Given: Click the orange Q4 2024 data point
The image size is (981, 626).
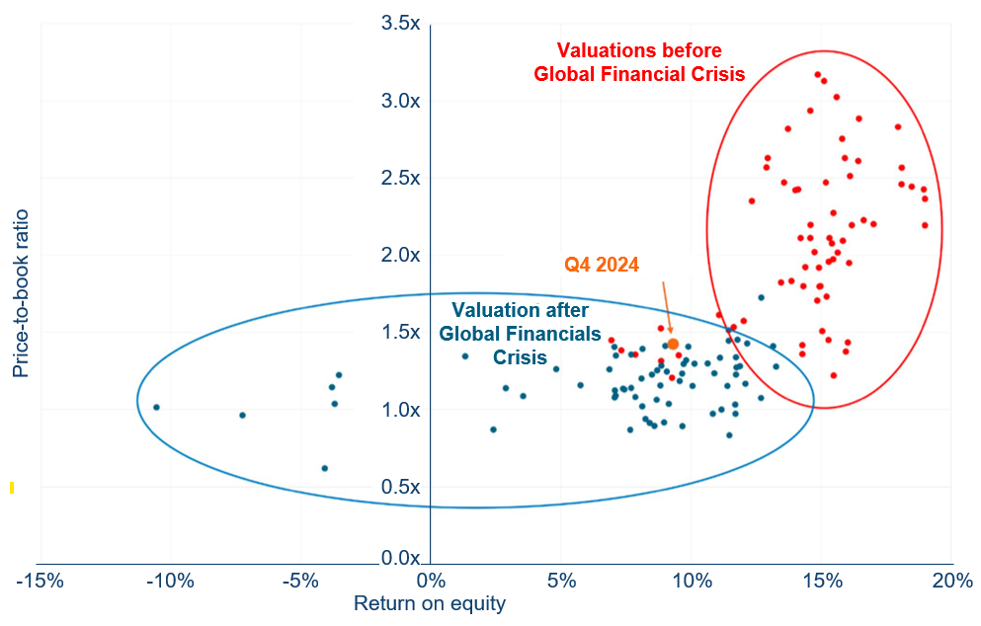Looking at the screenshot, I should (673, 344).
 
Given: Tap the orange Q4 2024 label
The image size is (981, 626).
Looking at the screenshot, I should (602, 265).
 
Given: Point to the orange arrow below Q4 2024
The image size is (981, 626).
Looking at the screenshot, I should (666, 307).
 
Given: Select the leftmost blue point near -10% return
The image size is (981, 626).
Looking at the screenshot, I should (156, 407).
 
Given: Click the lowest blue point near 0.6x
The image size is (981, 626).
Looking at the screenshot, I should (324, 468).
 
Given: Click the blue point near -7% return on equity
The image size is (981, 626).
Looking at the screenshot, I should (242, 415).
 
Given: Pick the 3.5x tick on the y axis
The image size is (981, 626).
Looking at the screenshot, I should (402, 23).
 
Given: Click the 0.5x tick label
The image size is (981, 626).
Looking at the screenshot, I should (402, 487).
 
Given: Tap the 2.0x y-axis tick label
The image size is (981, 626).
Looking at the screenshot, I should (402, 255).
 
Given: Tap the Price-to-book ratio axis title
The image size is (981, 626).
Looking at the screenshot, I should (21, 292).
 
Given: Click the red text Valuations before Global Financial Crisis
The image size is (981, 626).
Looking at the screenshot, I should (639, 61).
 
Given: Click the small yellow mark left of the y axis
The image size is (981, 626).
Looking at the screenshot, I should (11, 487).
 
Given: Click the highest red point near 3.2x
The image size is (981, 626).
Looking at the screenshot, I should (817, 74).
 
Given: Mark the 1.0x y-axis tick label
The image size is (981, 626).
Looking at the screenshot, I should (402, 410).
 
